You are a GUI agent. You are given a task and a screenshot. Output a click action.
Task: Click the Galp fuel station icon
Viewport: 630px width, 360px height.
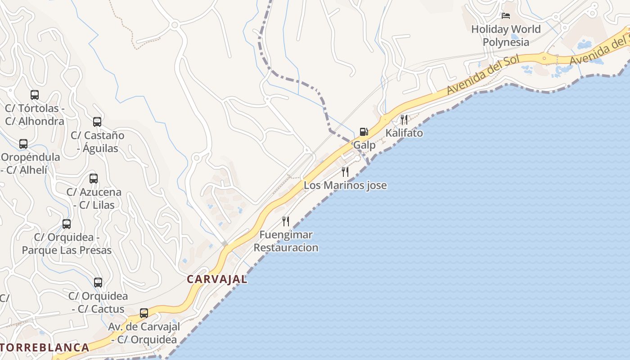(x=364, y=132)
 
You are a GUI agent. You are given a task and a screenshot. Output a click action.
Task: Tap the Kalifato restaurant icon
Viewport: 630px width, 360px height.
(x=404, y=119)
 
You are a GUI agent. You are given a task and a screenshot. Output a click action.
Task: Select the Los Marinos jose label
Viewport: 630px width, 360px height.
(x=345, y=185)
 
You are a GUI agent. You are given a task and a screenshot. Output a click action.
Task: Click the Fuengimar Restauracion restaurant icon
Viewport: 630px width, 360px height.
(x=286, y=221)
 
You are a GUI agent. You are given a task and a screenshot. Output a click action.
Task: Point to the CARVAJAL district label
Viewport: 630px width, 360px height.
(x=217, y=279)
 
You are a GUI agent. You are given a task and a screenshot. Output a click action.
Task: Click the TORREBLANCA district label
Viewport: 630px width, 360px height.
(x=45, y=347)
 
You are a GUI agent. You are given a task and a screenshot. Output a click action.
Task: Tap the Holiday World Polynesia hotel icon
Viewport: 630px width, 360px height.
(x=506, y=16)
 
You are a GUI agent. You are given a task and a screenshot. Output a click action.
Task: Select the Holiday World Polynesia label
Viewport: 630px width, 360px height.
(x=506, y=36)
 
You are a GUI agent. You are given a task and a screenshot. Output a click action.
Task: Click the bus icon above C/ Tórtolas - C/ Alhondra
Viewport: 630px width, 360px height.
(x=35, y=95)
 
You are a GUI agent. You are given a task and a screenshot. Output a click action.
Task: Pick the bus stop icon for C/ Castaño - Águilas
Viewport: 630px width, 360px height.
(x=97, y=121)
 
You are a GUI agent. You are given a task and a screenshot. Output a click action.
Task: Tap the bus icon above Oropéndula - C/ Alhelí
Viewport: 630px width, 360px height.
(x=23, y=144)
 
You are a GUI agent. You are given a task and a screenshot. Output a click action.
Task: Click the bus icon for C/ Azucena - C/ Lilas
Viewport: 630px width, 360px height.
(x=94, y=179)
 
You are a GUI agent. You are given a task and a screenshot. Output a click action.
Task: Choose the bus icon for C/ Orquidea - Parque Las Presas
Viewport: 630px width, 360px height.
(x=67, y=224)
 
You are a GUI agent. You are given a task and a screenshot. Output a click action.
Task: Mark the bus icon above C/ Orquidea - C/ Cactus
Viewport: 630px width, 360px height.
(x=98, y=283)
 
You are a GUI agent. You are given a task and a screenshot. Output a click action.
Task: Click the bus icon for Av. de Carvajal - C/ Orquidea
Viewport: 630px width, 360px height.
(x=144, y=313)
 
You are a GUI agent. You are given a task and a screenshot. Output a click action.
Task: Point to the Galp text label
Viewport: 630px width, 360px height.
(x=364, y=145)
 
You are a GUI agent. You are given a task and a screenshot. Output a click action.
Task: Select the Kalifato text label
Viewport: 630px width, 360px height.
(x=404, y=133)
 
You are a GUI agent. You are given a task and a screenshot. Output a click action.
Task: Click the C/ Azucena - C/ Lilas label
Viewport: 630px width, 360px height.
(x=94, y=198)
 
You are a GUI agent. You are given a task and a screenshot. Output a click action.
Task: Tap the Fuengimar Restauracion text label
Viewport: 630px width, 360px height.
(x=286, y=241)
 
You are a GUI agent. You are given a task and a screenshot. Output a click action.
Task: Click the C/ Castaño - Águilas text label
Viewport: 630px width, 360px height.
(x=97, y=142)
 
